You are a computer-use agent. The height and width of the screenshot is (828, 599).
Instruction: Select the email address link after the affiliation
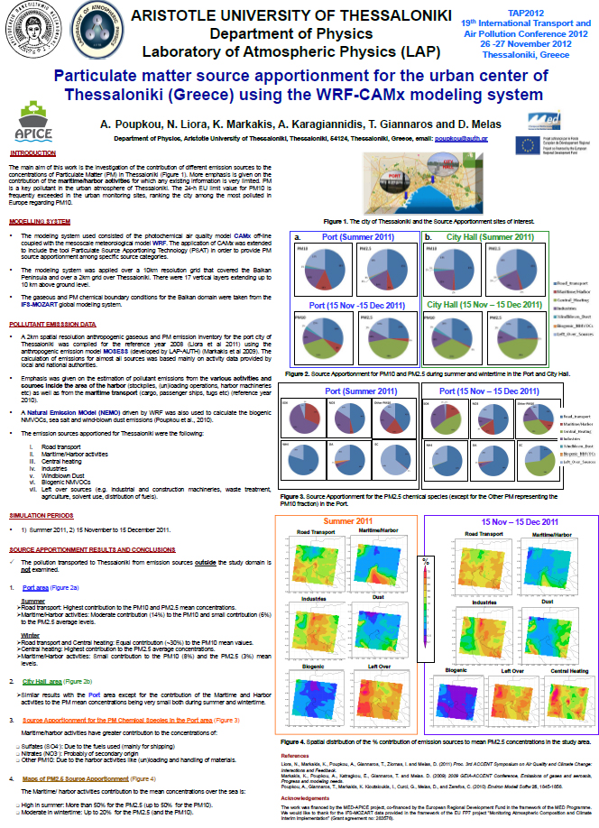pos(461,139)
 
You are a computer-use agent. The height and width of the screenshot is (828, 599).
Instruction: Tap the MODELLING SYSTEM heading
pos(39,221)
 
